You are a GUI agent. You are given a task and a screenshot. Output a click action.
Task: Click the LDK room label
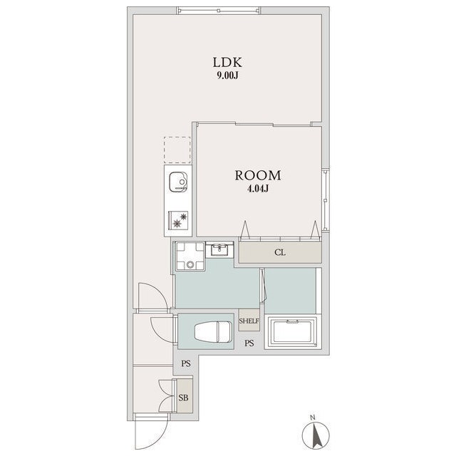click(x=227, y=63)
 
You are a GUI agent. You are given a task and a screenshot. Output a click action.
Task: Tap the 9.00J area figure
click(x=228, y=76)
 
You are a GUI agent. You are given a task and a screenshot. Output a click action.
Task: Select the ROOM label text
click(x=258, y=175)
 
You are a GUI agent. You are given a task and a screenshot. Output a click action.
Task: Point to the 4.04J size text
click(x=258, y=189)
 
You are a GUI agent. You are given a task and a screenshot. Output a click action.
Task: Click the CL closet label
click(x=280, y=252)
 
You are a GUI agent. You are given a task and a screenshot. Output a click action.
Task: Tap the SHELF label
click(x=249, y=321)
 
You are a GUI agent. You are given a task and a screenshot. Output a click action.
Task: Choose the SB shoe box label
click(x=183, y=398)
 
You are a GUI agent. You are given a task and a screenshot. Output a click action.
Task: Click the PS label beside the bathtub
click(x=249, y=343)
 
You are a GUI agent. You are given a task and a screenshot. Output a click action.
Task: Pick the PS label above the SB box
click(x=186, y=363)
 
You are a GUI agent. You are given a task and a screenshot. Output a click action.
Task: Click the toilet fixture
click(x=213, y=331)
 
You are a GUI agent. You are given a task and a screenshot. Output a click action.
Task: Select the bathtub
click(x=293, y=333)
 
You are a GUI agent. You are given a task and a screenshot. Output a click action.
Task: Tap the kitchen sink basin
click(x=178, y=182)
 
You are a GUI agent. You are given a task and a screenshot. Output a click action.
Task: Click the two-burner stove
click(x=178, y=220)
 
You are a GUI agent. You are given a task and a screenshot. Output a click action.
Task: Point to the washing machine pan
click(x=190, y=256)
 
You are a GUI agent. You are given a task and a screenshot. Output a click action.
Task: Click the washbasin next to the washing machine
click(x=219, y=249)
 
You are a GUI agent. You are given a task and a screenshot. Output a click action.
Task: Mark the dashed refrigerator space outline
click(x=177, y=150)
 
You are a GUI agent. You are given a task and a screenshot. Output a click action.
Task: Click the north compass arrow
click(x=316, y=435)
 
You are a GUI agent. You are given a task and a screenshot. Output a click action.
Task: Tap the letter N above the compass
click(x=313, y=418)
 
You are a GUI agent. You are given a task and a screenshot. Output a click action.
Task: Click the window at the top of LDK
click(x=219, y=11)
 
